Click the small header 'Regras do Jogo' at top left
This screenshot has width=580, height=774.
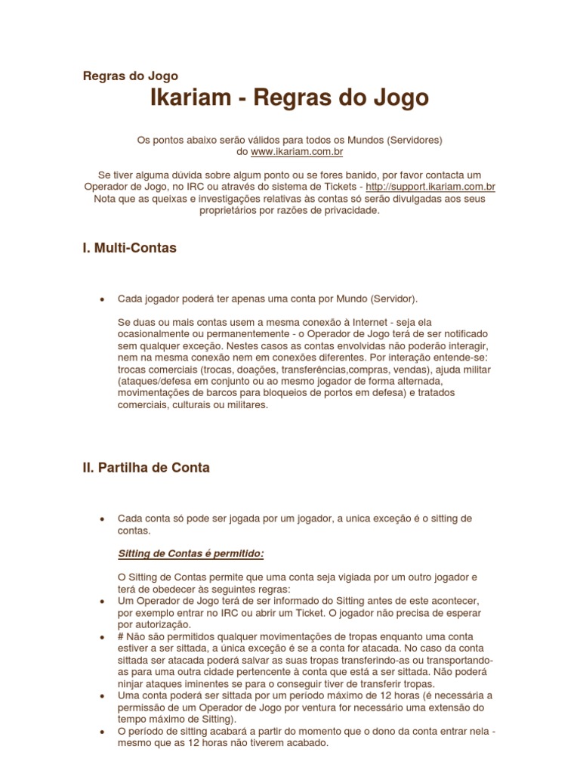click(130, 76)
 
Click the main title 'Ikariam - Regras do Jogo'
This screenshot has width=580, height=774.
click(290, 98)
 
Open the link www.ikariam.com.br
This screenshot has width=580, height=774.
click(297, 152)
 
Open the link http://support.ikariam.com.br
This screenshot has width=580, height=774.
click(430, 187)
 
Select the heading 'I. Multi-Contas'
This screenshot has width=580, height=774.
click(130, 248)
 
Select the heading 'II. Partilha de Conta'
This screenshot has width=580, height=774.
click(146, 468)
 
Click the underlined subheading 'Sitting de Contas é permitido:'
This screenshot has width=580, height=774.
click(191, 554)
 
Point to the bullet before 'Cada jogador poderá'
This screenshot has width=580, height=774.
click(102, 299)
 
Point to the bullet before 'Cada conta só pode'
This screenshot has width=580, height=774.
click(102, 519)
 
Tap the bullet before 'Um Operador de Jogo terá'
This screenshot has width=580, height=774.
click(102, 601)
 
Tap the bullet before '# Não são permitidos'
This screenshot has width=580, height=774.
click(102, 637)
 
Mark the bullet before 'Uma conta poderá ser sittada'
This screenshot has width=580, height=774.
click(102, 696)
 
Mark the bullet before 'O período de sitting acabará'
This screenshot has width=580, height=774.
click(102, 732)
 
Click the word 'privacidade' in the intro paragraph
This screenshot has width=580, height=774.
click(352, 211)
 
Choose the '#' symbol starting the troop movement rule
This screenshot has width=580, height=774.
click(121, 637)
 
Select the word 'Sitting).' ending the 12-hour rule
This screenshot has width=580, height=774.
click(217, 719)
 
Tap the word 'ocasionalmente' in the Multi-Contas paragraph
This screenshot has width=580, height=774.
click(155, 333)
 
